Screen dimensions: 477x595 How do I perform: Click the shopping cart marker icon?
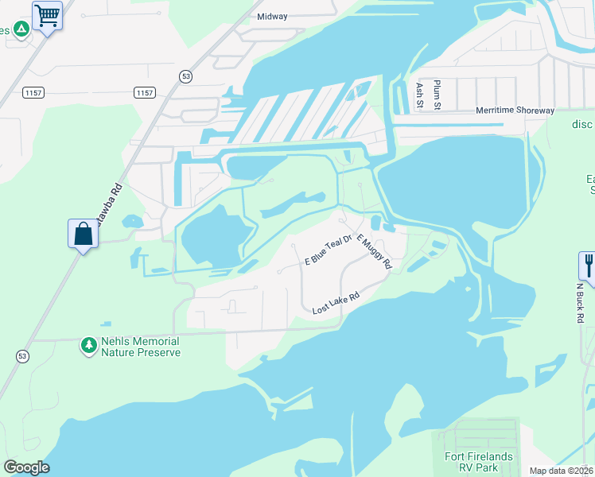[x=48, y=15]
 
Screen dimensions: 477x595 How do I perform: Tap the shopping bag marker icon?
[x=83, y=234]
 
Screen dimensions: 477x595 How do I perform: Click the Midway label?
[x=272, y=16]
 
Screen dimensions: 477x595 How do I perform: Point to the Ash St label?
[x=419, y=93]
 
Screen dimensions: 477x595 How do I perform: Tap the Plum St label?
[x=437, y=93]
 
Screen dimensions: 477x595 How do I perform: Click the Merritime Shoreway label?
[x=515, y=111]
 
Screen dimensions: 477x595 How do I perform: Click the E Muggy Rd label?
[x=374, y=251]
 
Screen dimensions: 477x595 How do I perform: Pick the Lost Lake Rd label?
[x=336, y=302]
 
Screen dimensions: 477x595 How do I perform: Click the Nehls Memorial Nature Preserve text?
[x=140, y=347]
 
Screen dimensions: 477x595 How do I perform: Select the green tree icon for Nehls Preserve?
[x=88, y=346]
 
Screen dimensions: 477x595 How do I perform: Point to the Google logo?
[x=26, y=467]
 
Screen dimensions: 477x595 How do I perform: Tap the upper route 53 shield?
[x=185, y=76]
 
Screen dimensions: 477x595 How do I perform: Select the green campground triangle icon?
[x=21, y=29]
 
